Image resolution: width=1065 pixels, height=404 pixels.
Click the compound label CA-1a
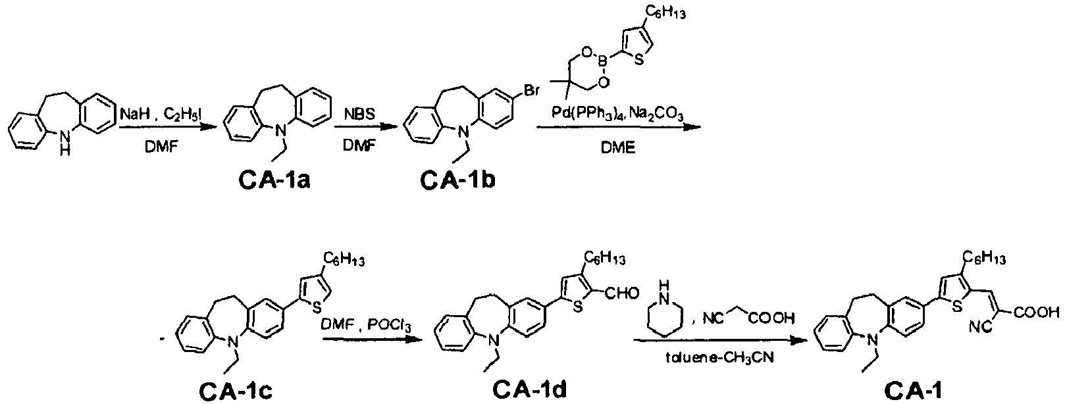pos(275,180)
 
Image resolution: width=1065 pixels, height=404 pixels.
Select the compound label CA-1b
pos(457,180)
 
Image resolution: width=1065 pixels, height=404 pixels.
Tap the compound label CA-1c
pos(236,391)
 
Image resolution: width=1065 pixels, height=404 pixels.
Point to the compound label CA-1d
pos(530,390)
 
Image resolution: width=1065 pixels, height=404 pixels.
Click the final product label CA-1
pos(914,391)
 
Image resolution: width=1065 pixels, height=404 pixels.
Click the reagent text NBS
pos(359,114)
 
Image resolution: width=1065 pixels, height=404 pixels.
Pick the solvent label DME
pos(618,148)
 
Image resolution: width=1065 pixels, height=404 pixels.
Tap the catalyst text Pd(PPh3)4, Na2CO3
pos(618,114)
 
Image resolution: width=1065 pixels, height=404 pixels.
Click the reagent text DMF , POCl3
pos(366,325)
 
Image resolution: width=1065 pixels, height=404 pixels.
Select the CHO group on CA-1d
pos(622,293)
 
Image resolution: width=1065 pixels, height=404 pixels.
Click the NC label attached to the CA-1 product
pos(980,328)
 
